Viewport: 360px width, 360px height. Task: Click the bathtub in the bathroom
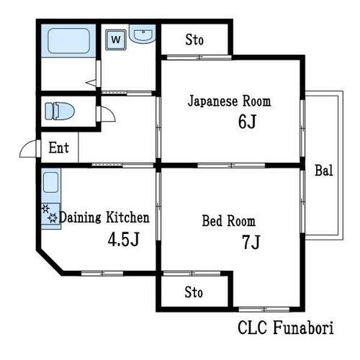[x=68, y=40]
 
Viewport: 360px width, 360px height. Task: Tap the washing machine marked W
[x=116, y=40]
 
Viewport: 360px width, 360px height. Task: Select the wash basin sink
[x=143, y=34]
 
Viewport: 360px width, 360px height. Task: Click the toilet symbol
[x=60, y=111]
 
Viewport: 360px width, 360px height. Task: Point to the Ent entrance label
[x=59, y=148]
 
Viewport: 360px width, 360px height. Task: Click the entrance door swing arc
[x=25, y=145]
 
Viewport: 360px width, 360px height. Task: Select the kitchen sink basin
[x=51, y=182]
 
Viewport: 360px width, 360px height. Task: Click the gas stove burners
[x=50, y=213]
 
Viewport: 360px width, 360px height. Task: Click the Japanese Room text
[x=229, y=102]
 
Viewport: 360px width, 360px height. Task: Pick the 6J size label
[x=247, y=122]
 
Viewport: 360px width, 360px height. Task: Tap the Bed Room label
[x=229, y=221]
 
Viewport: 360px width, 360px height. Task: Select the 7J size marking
[x=251, y=242]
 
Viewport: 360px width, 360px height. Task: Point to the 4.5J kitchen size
[x=124, y=239]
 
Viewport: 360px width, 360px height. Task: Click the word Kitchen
[x=127, y=217]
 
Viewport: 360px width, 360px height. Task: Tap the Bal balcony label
[x=324, y=171]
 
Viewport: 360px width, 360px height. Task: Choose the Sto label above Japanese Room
[x=194, y=40]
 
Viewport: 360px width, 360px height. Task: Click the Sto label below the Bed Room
[x=194, y=292]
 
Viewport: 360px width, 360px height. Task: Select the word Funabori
[x=303, y=328]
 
